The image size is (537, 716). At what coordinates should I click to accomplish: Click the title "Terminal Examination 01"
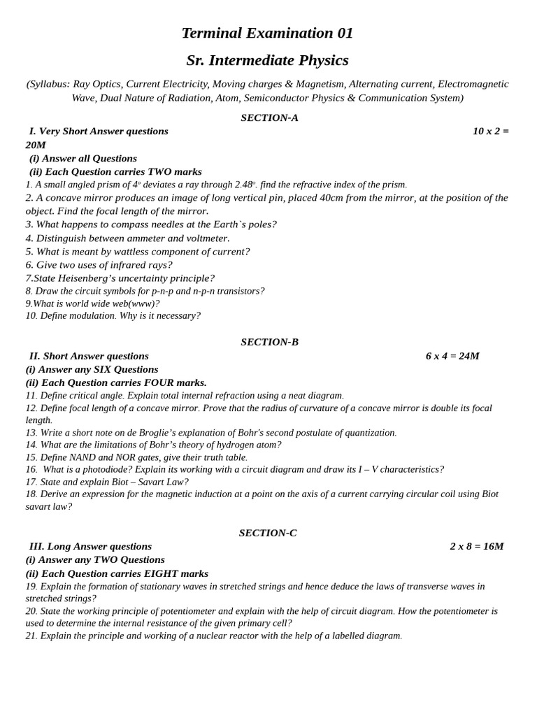(x=267, y=33)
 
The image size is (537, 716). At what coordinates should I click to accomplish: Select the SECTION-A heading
(x=269, y=117)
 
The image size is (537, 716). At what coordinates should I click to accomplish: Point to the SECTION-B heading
(x=269, y=342)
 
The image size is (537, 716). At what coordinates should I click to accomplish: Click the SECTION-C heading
(x=268, y=533)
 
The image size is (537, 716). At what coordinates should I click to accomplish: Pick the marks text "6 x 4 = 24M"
(x=452, y=356)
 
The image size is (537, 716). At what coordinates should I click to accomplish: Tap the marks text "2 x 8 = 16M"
(x=477, y=546)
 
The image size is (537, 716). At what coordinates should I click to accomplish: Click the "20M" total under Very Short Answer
(x=36, y=145)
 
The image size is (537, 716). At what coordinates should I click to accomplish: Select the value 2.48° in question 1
(x=245, y=185)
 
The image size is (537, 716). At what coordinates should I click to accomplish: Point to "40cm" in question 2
(x=334, y=198)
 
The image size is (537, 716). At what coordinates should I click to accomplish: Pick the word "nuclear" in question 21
(x=206, y=636)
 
